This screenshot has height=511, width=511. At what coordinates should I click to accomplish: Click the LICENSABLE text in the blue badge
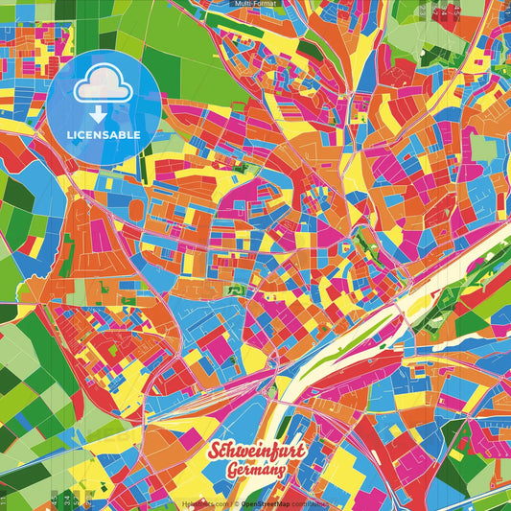tap(104, 134)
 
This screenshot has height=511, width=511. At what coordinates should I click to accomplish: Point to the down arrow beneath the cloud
tap(104, 112)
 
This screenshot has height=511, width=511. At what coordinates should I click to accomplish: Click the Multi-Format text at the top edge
tap(255, 4)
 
